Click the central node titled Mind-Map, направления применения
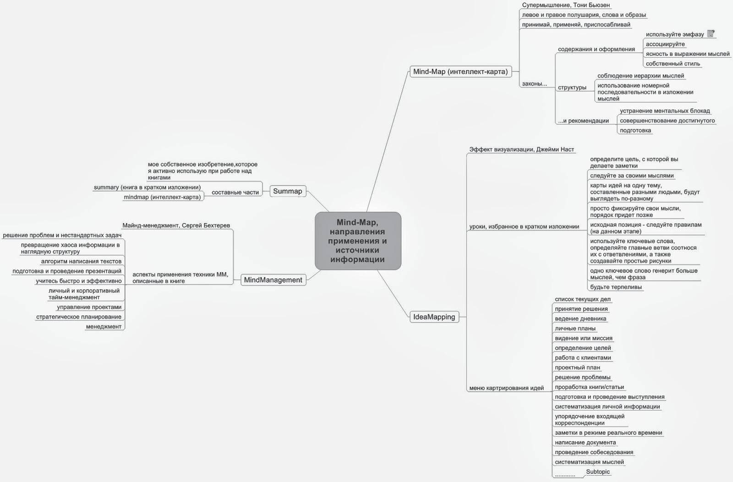tap(358, 241)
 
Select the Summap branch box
tap(288, 192)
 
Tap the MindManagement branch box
tap(273, 280)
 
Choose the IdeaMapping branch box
tap(434, 317)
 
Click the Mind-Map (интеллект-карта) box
tap(460, 71)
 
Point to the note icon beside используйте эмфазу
tap(711, 33)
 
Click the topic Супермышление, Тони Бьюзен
tap(566, 5)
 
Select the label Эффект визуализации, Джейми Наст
tap(521, 149)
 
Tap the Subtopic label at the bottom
tap(598, 471)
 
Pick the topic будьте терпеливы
tap(616, 287)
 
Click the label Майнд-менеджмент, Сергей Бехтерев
tap(176, 225)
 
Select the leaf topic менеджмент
tap(104, 327)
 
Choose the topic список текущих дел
tap(582, 299)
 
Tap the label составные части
tap(235, 192)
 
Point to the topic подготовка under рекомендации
tap(635, 131)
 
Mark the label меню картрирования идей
tap(506, 388)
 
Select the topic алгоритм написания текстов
tap(81, 262)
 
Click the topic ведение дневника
tap(580, 319)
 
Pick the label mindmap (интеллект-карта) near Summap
tap(162, 197)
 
